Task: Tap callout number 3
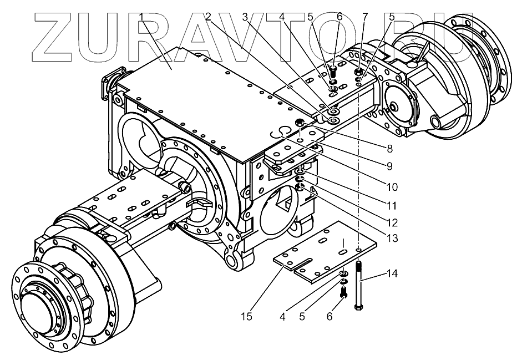click(245, 17)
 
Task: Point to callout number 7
click(364, 17)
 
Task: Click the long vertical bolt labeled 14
click(360, 286)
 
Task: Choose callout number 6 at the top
click(339, 17)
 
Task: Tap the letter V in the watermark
click(261, 36)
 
